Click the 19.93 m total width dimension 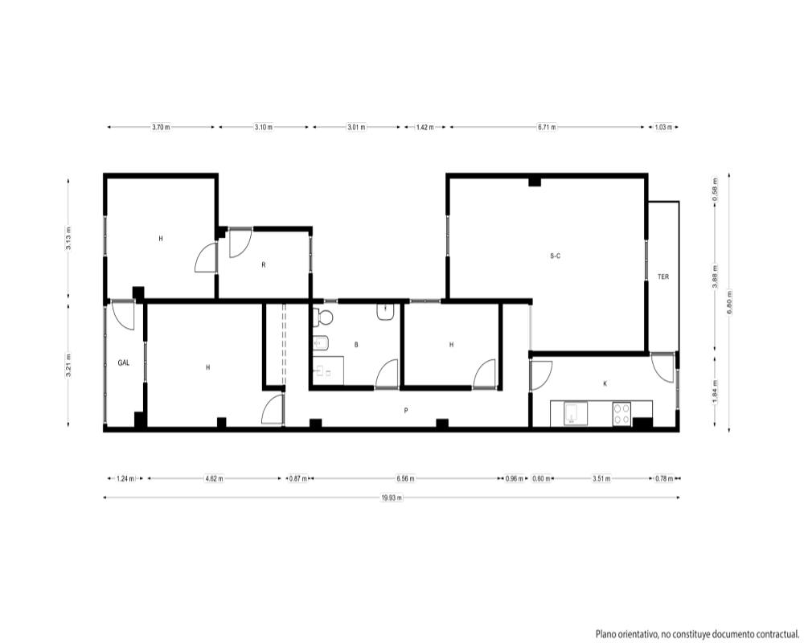click(392, 498)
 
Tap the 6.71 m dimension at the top click(547, 127)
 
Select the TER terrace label click(663, 276)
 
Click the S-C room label click(555, 256)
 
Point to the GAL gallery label click(124, 362)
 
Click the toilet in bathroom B click(323, 317)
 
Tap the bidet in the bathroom click(321, 342)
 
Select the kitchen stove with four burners click(622, 414)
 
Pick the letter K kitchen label click(605, 383)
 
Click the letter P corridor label click(406, 410)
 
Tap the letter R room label click(264, 265)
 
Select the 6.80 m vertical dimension click(730, 302)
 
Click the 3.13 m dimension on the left click(68, 238)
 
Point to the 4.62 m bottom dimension click(215, 479)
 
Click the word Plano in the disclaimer click(605, 634)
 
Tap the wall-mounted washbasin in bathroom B click(385, 313)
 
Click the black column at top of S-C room click(535, 181)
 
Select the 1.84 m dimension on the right click(716, 392)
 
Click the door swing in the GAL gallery click(123, 317)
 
